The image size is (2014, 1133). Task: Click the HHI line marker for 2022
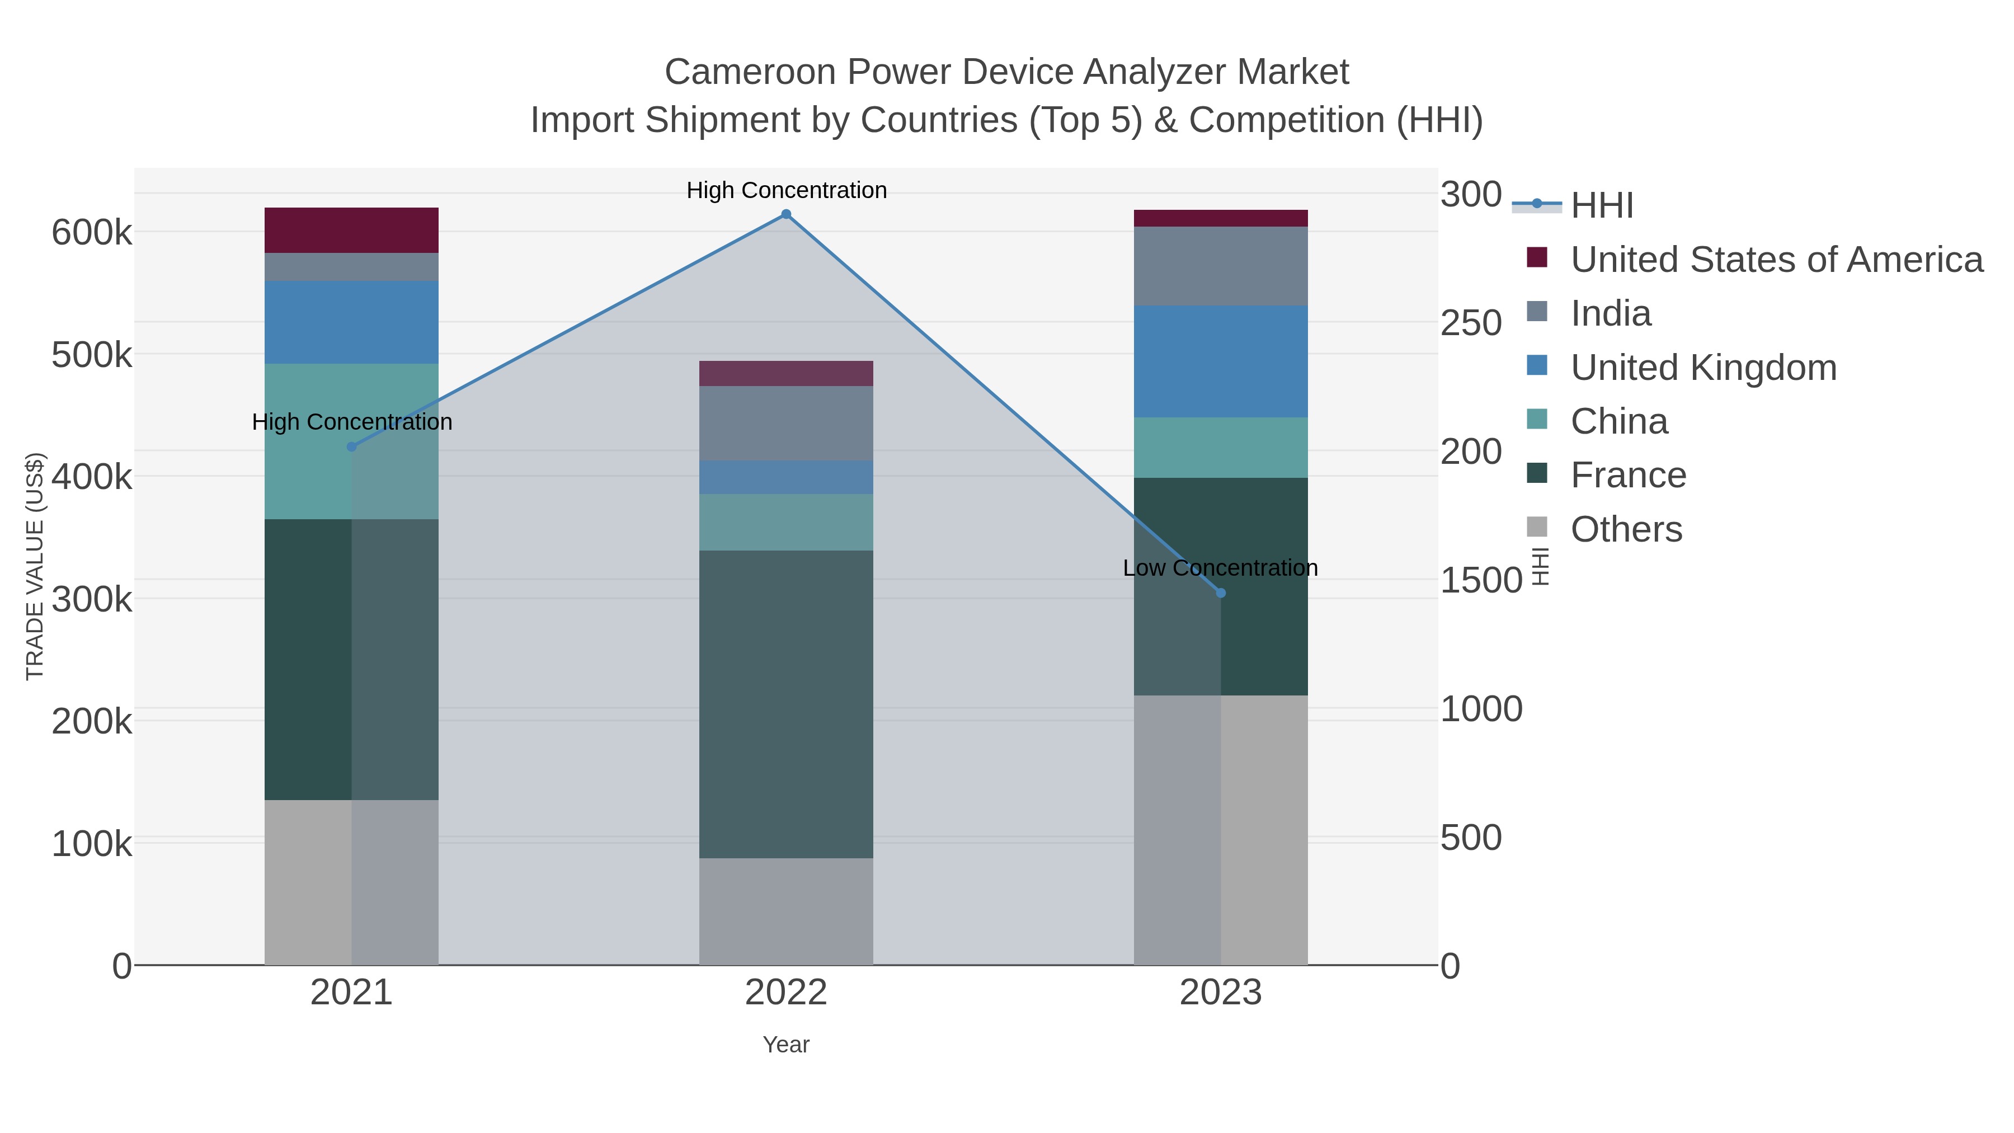pos(786,214)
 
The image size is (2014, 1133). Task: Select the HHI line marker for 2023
pos(1221,593)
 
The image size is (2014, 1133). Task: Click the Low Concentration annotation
pos(1220,568)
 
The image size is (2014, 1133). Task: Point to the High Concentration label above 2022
pos(786,190)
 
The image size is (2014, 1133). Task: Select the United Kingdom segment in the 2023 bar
pos(1221,361)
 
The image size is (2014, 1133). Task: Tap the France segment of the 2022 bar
pos(786,704)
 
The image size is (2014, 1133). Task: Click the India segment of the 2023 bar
pos(1221,266)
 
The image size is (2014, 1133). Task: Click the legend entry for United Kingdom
pos(1703,368)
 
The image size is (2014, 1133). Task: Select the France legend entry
pos(1628,476)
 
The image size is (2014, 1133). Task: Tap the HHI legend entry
pos(1601,206)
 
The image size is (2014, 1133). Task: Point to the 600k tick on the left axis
pos(92,233)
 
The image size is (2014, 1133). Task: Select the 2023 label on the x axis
pos(1221,993)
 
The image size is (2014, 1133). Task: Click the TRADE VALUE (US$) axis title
pos(35,566)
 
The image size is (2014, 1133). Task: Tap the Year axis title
pos(786,1045)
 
